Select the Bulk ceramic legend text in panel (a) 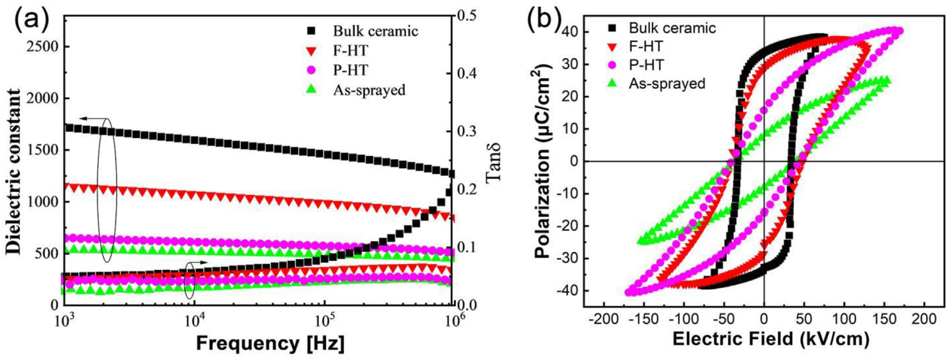375,31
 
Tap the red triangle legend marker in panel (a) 312,51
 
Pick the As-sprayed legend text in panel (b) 667,83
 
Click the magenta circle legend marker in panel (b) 613,65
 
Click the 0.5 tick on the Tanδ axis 467,16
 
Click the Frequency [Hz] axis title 270,343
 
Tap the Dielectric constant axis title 15,171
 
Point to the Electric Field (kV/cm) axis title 770,339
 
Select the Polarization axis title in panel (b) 543,160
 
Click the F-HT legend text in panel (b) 646,47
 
